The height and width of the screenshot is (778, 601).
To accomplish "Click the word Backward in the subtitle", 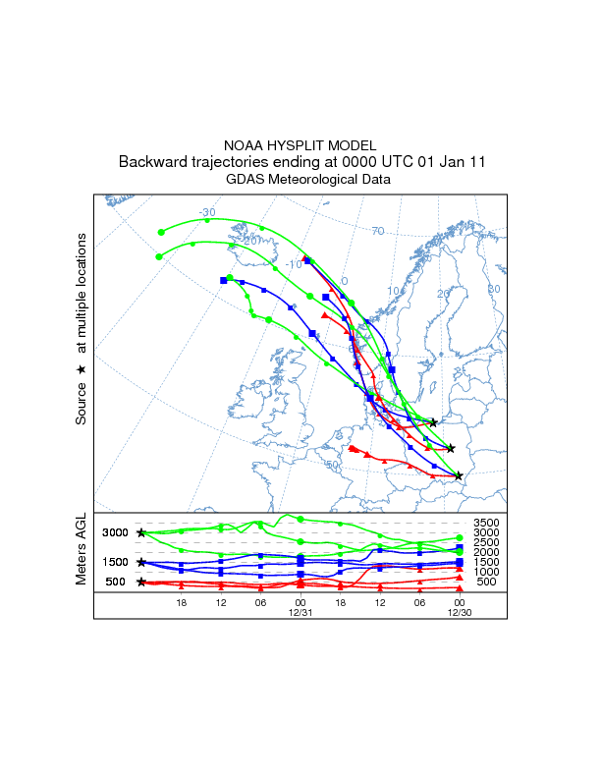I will tap(150, 162).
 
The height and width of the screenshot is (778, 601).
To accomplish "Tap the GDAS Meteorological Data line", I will tap(307, 180).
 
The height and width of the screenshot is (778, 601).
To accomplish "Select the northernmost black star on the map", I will tap(433, 422).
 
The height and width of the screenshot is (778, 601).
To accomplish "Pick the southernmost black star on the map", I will tap(459, 476).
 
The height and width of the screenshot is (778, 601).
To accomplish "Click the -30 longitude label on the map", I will tap(206, 212).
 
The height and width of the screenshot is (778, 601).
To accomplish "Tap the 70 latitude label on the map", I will tap(378, 232).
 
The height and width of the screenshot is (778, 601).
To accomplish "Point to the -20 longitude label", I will tap(252, 240).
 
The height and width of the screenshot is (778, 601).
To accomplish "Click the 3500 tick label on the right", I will tap(486, 523).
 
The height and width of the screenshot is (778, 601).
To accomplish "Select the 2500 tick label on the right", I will tap(486, 542).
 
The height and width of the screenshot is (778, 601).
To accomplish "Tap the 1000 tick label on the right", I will tap(486, 572).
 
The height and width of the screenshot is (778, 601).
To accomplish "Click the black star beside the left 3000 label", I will tap(141, 532).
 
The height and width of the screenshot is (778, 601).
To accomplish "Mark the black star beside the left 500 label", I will tap(141, 582).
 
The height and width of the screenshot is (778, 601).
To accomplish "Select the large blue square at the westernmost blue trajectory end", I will tap(224, 281).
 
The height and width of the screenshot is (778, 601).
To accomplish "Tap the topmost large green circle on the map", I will tap(161, 233).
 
